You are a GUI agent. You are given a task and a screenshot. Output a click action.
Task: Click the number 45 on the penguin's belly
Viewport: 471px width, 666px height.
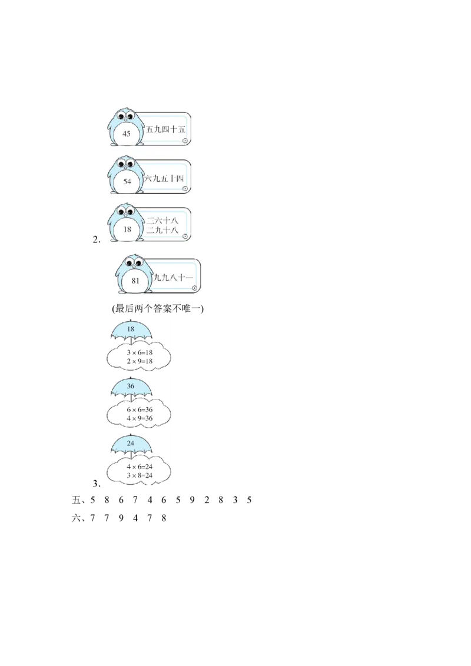tap(127, 134)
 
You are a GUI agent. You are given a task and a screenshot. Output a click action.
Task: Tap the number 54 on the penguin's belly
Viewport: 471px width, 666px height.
tap(127, 181)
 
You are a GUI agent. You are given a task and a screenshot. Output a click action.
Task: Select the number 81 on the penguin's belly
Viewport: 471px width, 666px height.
tap(136, 281)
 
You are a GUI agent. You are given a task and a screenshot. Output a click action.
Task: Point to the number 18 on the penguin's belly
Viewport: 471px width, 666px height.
tap(127, 229)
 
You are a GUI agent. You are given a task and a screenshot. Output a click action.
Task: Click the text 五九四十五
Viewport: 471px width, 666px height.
tap(169, 129)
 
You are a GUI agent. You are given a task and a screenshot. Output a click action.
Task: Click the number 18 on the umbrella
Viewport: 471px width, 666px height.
tap(131, 329)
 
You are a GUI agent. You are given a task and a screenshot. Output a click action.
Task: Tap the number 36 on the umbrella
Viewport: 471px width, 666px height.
tap(131, 386)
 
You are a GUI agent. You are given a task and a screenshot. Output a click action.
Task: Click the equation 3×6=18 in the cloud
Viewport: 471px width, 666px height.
tap(140, 352)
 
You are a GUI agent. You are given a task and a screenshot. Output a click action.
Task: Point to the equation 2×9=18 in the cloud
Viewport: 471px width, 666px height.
tap(140, 361)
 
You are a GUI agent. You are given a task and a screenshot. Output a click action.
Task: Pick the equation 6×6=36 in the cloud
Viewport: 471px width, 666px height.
tap(140, 409)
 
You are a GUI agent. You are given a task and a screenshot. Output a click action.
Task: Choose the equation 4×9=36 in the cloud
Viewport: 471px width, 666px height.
tap(140, 418)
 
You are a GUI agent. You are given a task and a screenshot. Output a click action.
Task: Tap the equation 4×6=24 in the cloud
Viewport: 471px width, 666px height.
tap(140, 466)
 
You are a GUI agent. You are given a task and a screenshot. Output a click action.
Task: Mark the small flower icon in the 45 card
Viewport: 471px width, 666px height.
tap(185, 141)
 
